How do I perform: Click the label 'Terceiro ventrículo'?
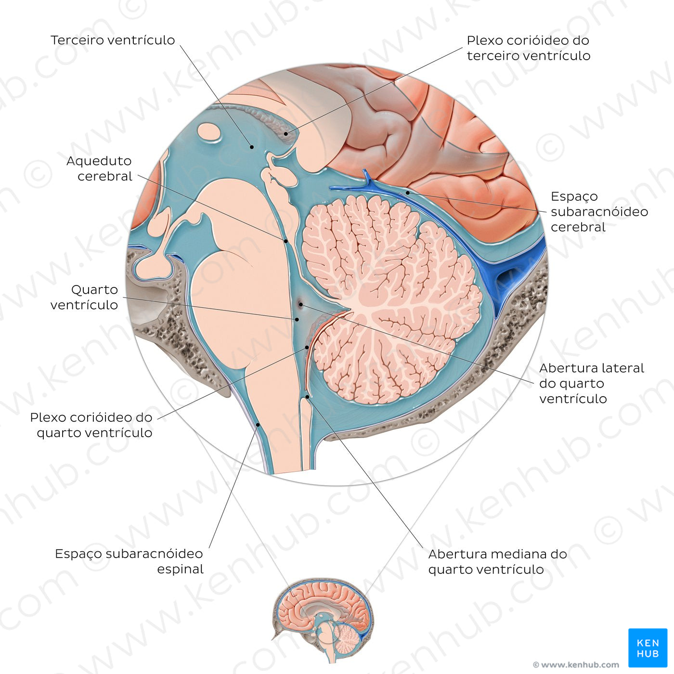click(113, 40)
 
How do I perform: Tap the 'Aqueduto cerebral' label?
click(99, 168)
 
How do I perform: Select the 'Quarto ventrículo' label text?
click(84, 297)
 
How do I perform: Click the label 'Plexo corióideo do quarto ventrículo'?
click(91, 425)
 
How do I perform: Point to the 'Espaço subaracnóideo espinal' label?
click(129, 561)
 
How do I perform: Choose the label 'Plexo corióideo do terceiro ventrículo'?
click(528, 48)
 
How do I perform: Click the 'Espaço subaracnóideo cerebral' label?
click(599, 211)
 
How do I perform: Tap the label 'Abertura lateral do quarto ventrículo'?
click(591, 383)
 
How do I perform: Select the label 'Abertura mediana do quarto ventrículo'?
click(497, 561)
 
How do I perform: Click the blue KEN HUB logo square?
click(648, 648)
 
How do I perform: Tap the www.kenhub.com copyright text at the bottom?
click(576, 665)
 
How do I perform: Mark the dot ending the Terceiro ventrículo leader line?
click(251, 146)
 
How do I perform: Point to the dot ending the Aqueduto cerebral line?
click(285, 241)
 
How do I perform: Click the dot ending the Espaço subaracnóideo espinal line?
click(259, 425)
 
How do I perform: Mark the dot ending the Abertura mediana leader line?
click(307, 397)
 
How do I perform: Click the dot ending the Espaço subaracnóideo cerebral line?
click(408, 193)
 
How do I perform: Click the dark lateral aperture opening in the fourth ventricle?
click(300, 304)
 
